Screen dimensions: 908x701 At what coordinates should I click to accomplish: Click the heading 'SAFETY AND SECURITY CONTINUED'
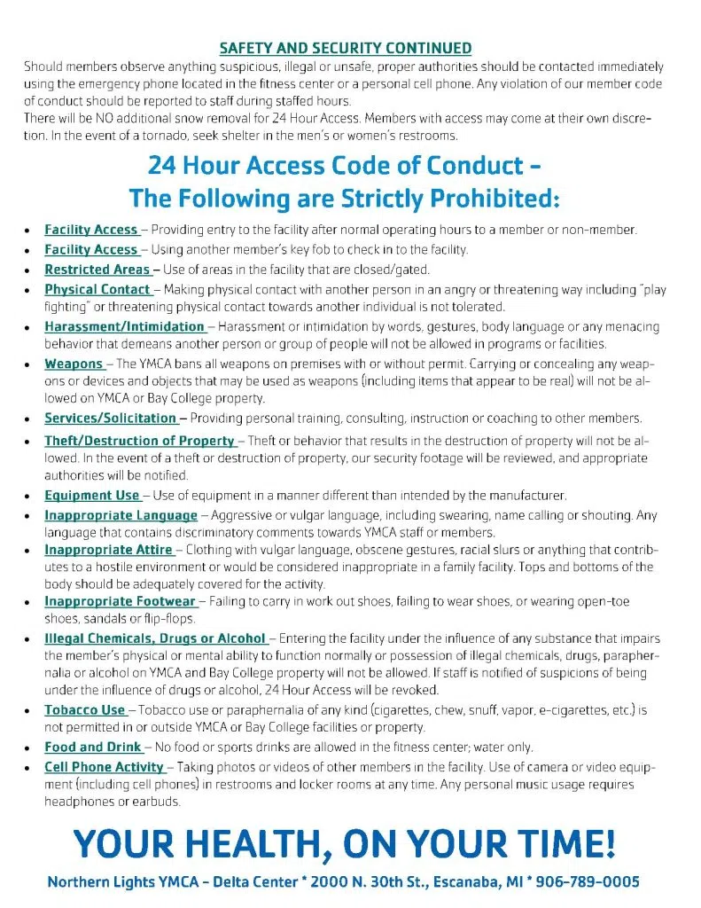[x=345, y=48]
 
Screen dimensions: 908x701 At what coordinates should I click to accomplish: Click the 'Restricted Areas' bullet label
[x=97, y=270]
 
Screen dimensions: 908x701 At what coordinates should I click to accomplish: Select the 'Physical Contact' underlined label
[x=97, y=289]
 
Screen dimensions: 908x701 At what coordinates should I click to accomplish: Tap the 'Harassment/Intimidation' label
[x=124, y=326]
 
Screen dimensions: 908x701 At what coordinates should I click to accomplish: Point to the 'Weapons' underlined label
[x=74, y=364]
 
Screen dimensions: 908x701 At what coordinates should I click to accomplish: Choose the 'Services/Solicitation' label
[x=111, y=418]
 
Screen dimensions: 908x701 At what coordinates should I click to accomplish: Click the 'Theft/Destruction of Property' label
[x=139, y=441]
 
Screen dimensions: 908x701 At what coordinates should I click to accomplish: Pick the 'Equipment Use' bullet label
[x=92, y=495]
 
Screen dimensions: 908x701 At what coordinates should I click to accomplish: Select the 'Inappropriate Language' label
[x=121, y=515]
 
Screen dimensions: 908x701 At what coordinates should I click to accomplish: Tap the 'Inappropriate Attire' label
[x=108, y=550]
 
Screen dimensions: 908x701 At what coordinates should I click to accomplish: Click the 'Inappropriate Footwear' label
[x=120, y=601]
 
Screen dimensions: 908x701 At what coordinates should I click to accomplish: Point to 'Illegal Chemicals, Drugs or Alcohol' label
[x=155, y=638]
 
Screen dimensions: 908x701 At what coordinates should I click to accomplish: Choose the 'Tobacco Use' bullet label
[x=85, y=710]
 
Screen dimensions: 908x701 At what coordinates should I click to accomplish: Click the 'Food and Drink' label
[x=93, y=748]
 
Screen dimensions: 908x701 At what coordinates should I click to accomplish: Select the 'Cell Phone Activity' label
[x=104, y=767]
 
